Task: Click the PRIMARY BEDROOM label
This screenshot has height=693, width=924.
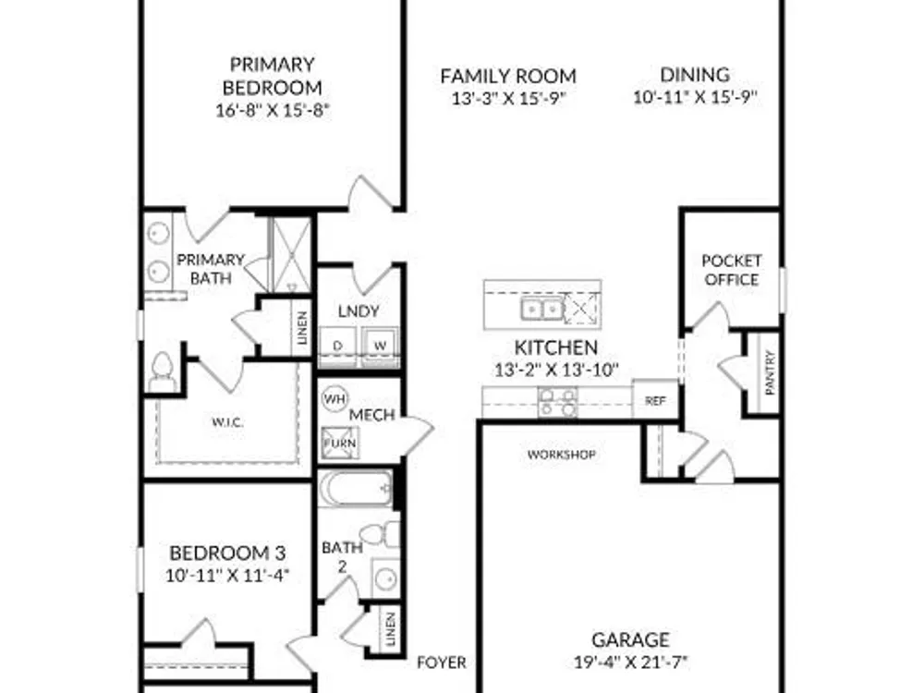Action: point(273,76)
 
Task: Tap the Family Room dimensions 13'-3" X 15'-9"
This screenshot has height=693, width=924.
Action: point(508,98)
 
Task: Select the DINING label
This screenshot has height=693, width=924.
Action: point(695,75)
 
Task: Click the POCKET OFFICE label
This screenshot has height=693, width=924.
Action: point(731,270)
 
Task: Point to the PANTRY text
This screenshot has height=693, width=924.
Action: point(770,372)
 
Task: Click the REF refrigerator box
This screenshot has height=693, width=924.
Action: point(655,399)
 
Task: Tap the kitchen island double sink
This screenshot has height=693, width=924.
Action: point(541,308)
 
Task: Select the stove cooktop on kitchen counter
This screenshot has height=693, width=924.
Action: point(558,402)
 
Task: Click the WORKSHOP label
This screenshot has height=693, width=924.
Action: point(561,455)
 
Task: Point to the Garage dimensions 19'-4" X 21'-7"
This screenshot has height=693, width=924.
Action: point(631,663)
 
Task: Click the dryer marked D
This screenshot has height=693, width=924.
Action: point(337,346)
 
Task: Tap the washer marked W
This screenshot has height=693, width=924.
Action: point(380,346)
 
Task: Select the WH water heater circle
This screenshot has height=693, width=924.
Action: point(334,399)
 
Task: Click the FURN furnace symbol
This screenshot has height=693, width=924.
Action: point(340,443)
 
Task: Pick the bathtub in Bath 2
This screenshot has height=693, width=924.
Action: point(355,488)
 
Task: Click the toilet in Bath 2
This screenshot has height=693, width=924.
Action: point(380,534)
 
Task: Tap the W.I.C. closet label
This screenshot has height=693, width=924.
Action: point(227,422)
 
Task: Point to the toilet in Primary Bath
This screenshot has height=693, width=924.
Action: point(160,371)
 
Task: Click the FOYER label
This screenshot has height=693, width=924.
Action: point(442,663)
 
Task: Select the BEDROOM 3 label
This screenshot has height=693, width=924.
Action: point(227,553)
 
